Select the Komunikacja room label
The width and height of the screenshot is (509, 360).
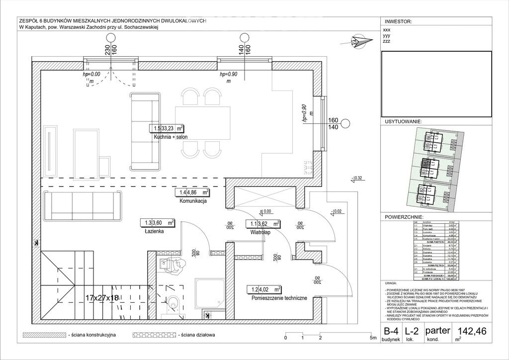tap(193, 201)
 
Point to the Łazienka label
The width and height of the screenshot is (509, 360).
tap(151, 231)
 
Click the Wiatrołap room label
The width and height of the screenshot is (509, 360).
tap(260, 232)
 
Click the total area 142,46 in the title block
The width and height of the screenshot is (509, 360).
tap(473, 331)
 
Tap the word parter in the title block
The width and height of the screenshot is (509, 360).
tap(438, 330)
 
